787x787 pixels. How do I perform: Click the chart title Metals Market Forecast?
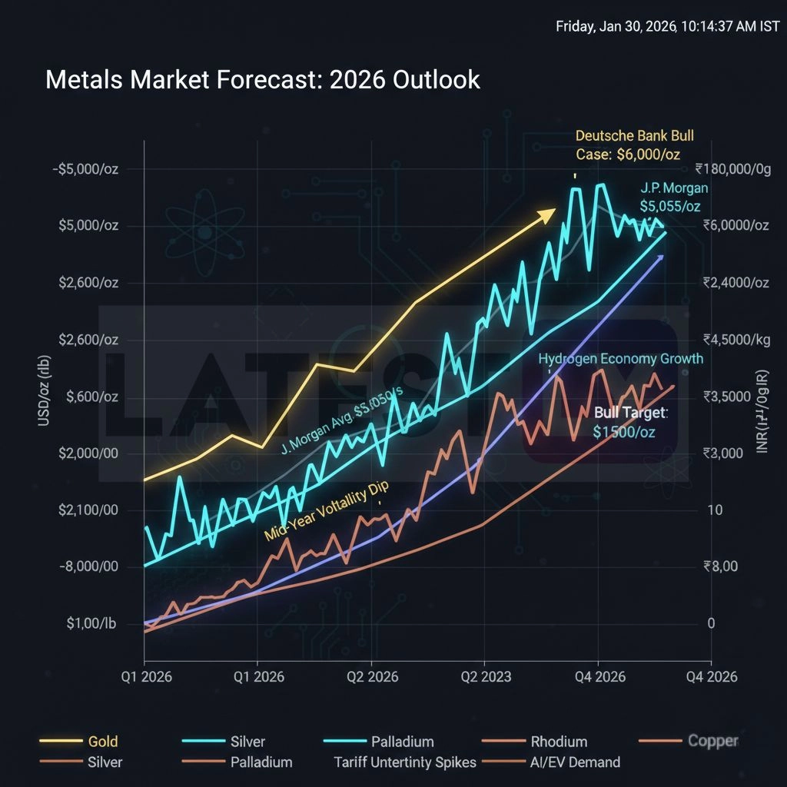(x=262, y=80)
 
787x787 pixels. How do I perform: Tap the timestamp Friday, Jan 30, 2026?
(x=667, y=27)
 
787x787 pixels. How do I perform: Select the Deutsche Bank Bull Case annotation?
(x=634, y=145)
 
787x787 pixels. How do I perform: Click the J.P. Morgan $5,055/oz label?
(x=674, y=198)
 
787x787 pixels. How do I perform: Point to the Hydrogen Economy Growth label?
(x=620, y=359)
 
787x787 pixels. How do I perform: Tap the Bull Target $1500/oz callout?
(x=630, y=423)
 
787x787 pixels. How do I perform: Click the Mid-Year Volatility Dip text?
(x=327, y=513)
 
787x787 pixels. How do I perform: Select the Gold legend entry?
(x=103, y=742)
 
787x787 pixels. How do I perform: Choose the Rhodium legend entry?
(x=559, y=742)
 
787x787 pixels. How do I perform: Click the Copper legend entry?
(x=712, y=742)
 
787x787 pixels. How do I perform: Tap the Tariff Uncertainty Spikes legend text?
(x=405, y=762)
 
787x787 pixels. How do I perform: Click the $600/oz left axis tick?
(x=91, y=397)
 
